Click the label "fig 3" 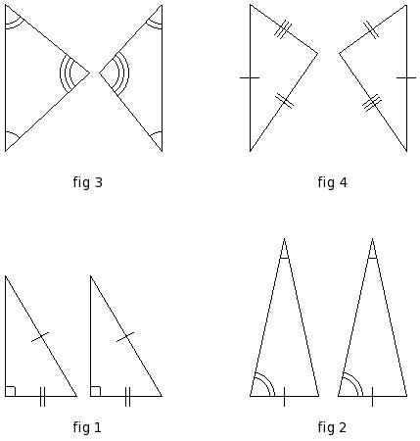(x=88, y=182)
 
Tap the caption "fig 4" (x=332, y=182)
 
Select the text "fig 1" (x=87, y=427)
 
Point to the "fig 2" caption (x=332, y=427)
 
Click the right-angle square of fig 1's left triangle (x=11, y=391)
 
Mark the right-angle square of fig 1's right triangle (x=96, y=391)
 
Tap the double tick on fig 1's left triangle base (x=42, y=397)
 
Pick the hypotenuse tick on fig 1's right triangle (x=125, y=337)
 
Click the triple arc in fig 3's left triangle (x=67, y=73)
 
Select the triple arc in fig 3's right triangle (x=123, y=73)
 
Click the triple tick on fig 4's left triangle (x=283, y=29)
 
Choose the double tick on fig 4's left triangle (x=284, y=101)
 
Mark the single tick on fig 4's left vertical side (x=250, y=77)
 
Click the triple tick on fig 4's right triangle (x=372, y=103)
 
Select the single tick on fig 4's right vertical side (x=406, y=77)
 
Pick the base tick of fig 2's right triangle (x=372, y=397)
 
